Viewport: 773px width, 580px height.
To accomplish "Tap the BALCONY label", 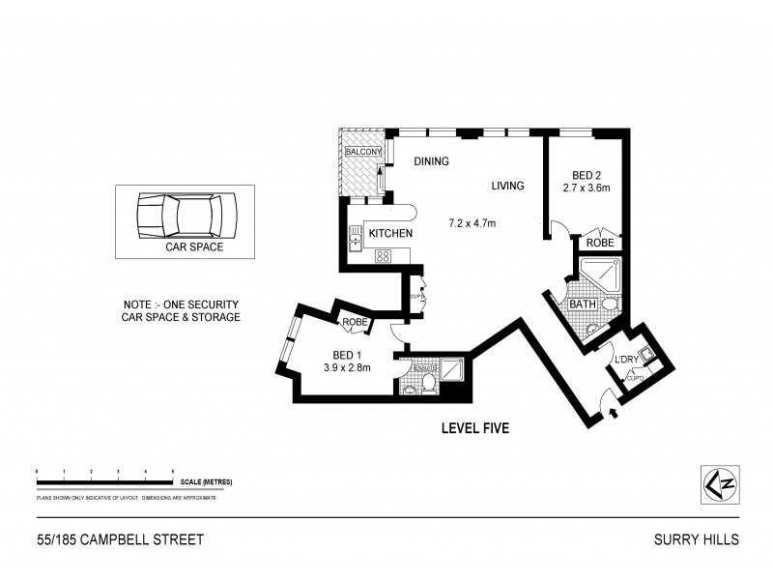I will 364,153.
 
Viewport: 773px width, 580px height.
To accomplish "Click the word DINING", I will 431,162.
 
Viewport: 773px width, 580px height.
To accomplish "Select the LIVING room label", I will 506,186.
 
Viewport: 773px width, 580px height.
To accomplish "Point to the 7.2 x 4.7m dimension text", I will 472,224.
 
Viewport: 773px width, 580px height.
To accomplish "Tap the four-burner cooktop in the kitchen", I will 382,256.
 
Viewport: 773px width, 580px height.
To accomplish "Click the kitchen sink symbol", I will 355,236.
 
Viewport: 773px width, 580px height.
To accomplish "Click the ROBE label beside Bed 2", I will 598,244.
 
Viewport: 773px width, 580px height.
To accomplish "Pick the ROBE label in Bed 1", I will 354,322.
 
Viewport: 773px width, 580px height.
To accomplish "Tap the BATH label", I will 583,304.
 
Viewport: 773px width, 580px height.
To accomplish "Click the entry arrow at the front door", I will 615,416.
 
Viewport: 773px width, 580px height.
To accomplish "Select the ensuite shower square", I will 451,368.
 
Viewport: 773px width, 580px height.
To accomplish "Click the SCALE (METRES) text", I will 205,481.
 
